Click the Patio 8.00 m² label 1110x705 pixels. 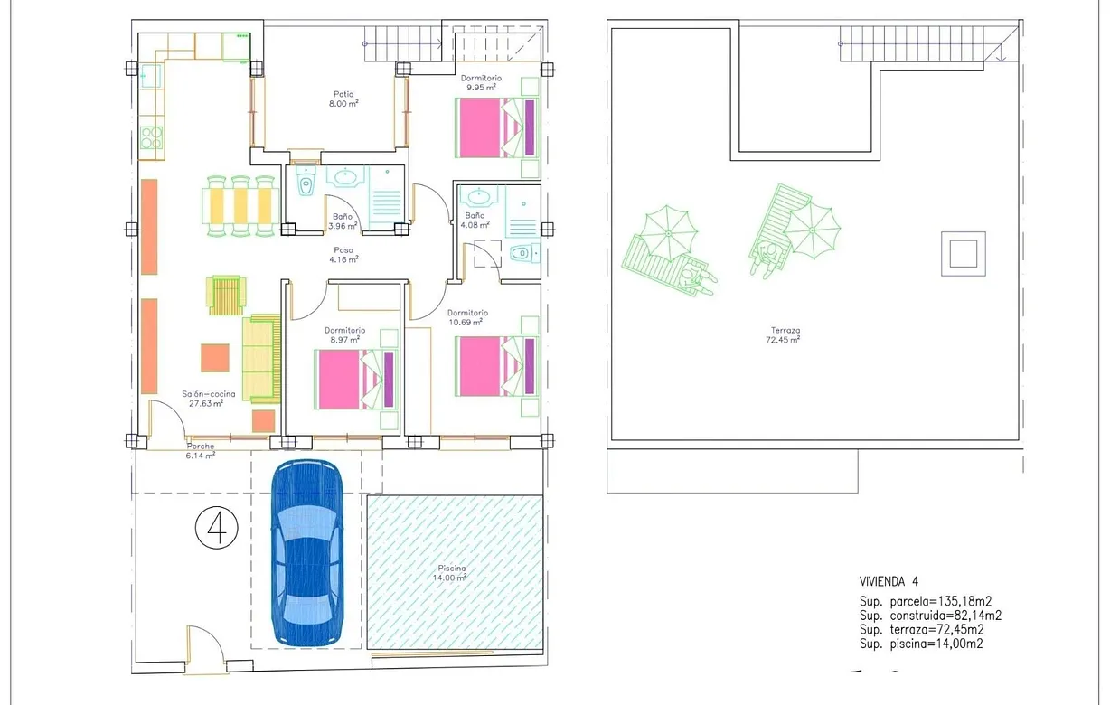coord(343,99)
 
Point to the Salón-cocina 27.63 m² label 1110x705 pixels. coord(208,399)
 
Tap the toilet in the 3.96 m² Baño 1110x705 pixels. coord(306,186)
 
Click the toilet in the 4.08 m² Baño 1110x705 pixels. coord(520,254)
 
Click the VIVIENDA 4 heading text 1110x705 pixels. coord(889,581)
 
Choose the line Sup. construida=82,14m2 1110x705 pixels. coord(930,616)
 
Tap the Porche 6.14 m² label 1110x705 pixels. coord(201,451)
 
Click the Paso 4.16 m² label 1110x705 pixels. coord(343,255)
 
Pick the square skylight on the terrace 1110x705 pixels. coord(963,253)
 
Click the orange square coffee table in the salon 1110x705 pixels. coord(215,358)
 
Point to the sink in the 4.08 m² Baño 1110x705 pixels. coord(476,195)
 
